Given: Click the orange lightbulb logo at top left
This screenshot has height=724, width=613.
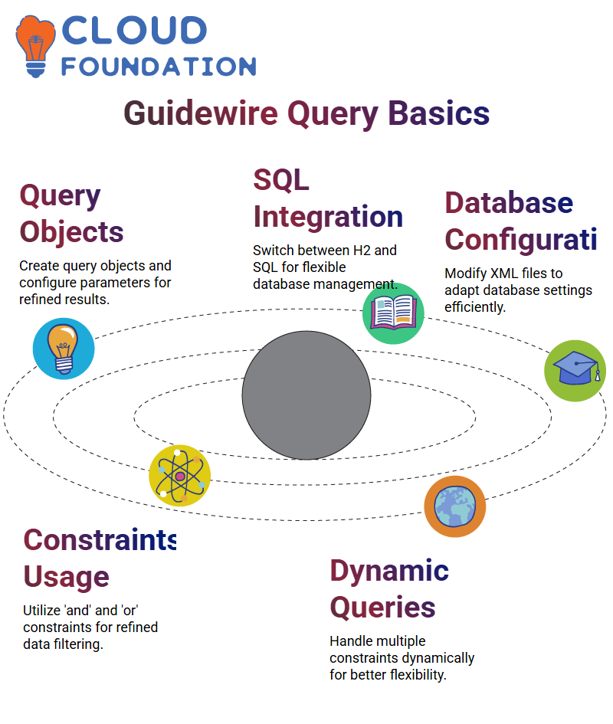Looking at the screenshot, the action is (x=35, y=46).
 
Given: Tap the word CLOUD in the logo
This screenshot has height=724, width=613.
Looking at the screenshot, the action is (x=134, y=31).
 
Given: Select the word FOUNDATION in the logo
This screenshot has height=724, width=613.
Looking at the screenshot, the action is (x=159, y=67).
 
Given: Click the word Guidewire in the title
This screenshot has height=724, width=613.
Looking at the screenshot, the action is (x=201, y=113).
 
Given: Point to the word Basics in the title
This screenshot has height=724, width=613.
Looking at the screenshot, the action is (x=438, y=113).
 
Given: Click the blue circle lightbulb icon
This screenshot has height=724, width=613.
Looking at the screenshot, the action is (x=64, y=349).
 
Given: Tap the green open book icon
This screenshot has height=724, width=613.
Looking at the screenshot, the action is (x=393, y=313).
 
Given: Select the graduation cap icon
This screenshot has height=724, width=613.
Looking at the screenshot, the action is (x=575, y=371).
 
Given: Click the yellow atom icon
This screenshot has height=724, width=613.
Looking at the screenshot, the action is (x=180, y=476).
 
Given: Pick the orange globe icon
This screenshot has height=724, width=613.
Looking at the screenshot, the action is (x=455, y=506).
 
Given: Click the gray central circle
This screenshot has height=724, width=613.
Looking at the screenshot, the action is (x=306, y=395).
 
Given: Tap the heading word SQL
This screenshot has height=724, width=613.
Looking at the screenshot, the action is (x=281, y=180).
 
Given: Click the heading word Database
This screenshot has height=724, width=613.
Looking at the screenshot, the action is (x=509, y=203).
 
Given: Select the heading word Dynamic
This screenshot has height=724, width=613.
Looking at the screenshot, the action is (x=389, y=572).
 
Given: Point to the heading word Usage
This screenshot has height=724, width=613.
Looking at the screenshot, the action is (x=67, y=577).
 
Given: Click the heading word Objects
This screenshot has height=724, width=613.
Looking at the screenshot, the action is (x=71, y=232).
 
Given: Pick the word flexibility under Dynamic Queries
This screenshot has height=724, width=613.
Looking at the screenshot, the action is (x=418, y=675).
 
